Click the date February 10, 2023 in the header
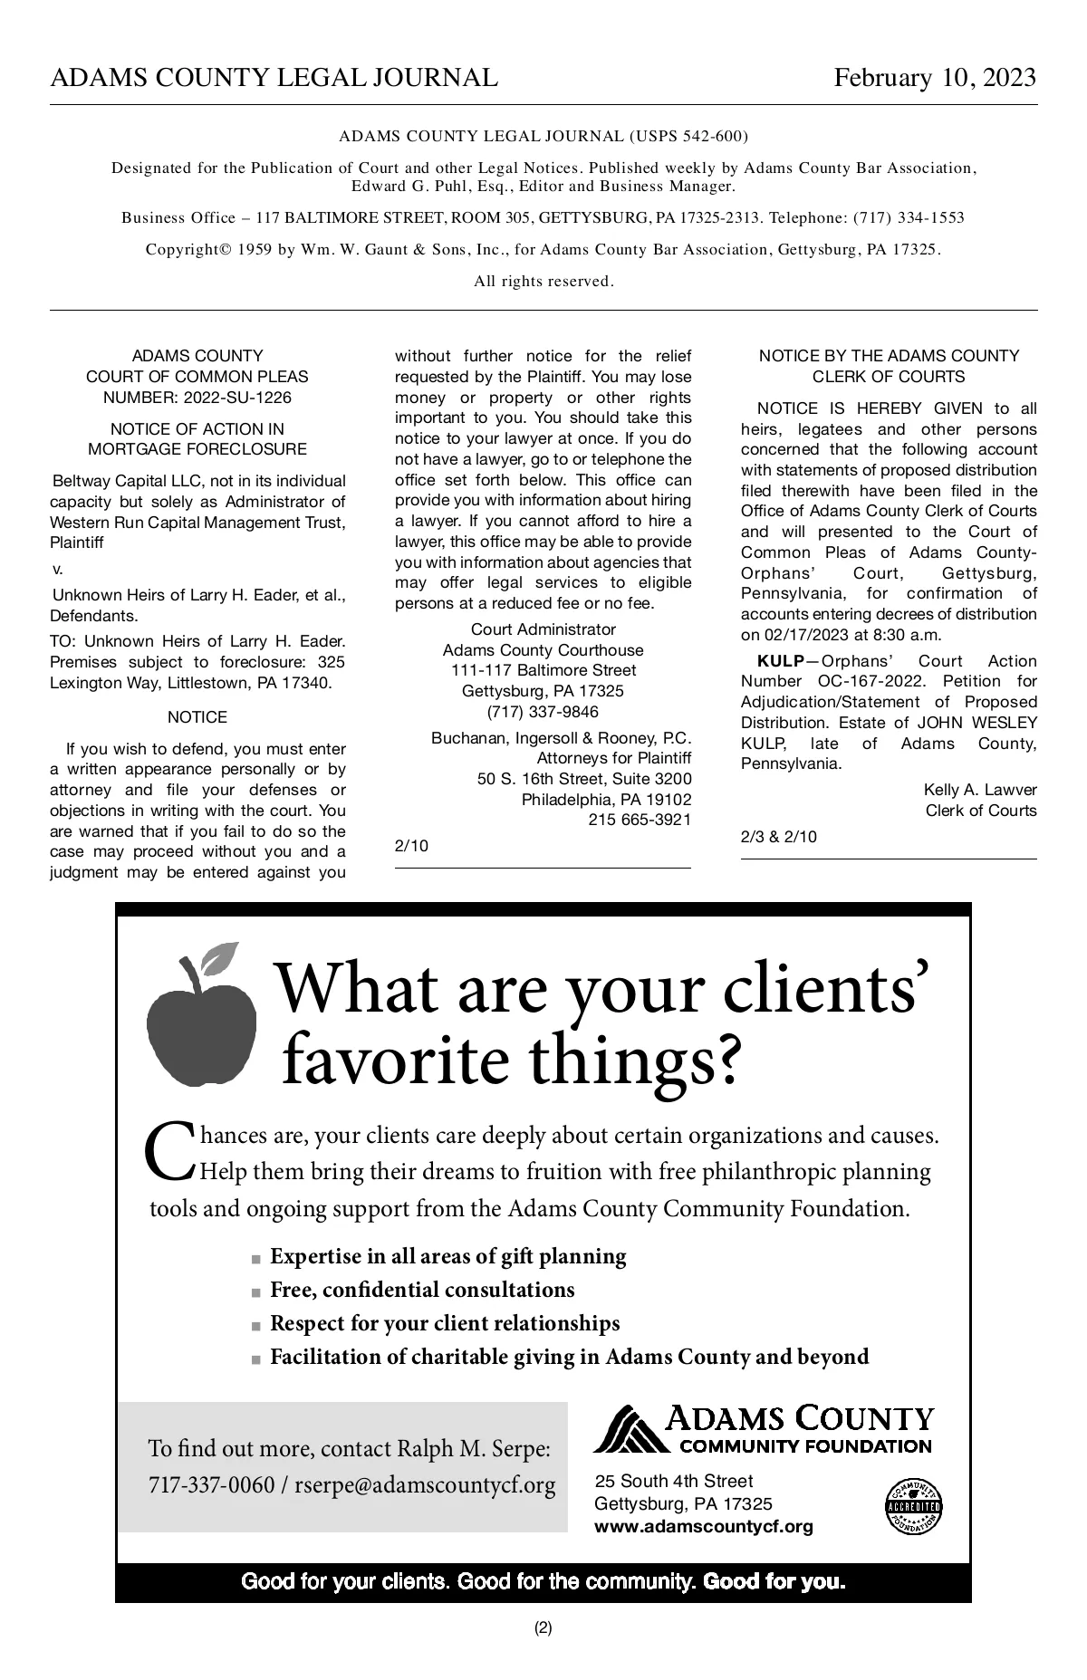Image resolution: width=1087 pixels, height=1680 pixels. point(934,78)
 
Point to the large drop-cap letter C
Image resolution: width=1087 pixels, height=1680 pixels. point(169,1151)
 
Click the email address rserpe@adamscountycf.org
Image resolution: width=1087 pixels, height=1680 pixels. point(425,1486)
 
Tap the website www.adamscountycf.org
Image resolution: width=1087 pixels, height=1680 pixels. point(703,1527)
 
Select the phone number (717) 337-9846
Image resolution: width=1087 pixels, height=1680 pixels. point(543,712)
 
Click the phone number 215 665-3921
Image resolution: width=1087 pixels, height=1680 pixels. point(640,820)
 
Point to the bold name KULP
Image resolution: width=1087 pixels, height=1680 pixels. point(780,661)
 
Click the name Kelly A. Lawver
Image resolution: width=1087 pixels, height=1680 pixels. point(980,790)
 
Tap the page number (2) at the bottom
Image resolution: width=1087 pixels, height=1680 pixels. point(543,1627)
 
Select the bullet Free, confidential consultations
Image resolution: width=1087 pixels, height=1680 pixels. point(422,1290)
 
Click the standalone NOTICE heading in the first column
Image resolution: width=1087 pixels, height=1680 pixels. point(197,717)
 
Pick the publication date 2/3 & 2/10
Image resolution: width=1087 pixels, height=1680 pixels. point(778,837)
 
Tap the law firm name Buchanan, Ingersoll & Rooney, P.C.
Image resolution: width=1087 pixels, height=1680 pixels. point(561,738)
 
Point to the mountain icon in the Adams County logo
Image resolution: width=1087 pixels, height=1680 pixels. point(627,1429)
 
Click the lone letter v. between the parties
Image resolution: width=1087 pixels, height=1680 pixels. point(58,570)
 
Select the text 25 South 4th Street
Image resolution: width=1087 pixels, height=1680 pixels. point(674,1481)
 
